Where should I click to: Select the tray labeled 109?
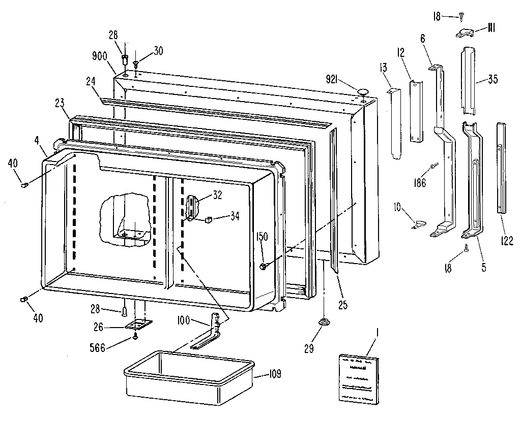tap(189, 376)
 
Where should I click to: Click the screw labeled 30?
tap(136, 64)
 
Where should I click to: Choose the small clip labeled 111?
tap(465, 33)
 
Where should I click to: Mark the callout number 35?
tap(493, 79)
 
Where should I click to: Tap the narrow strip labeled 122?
tap(503, 167)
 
